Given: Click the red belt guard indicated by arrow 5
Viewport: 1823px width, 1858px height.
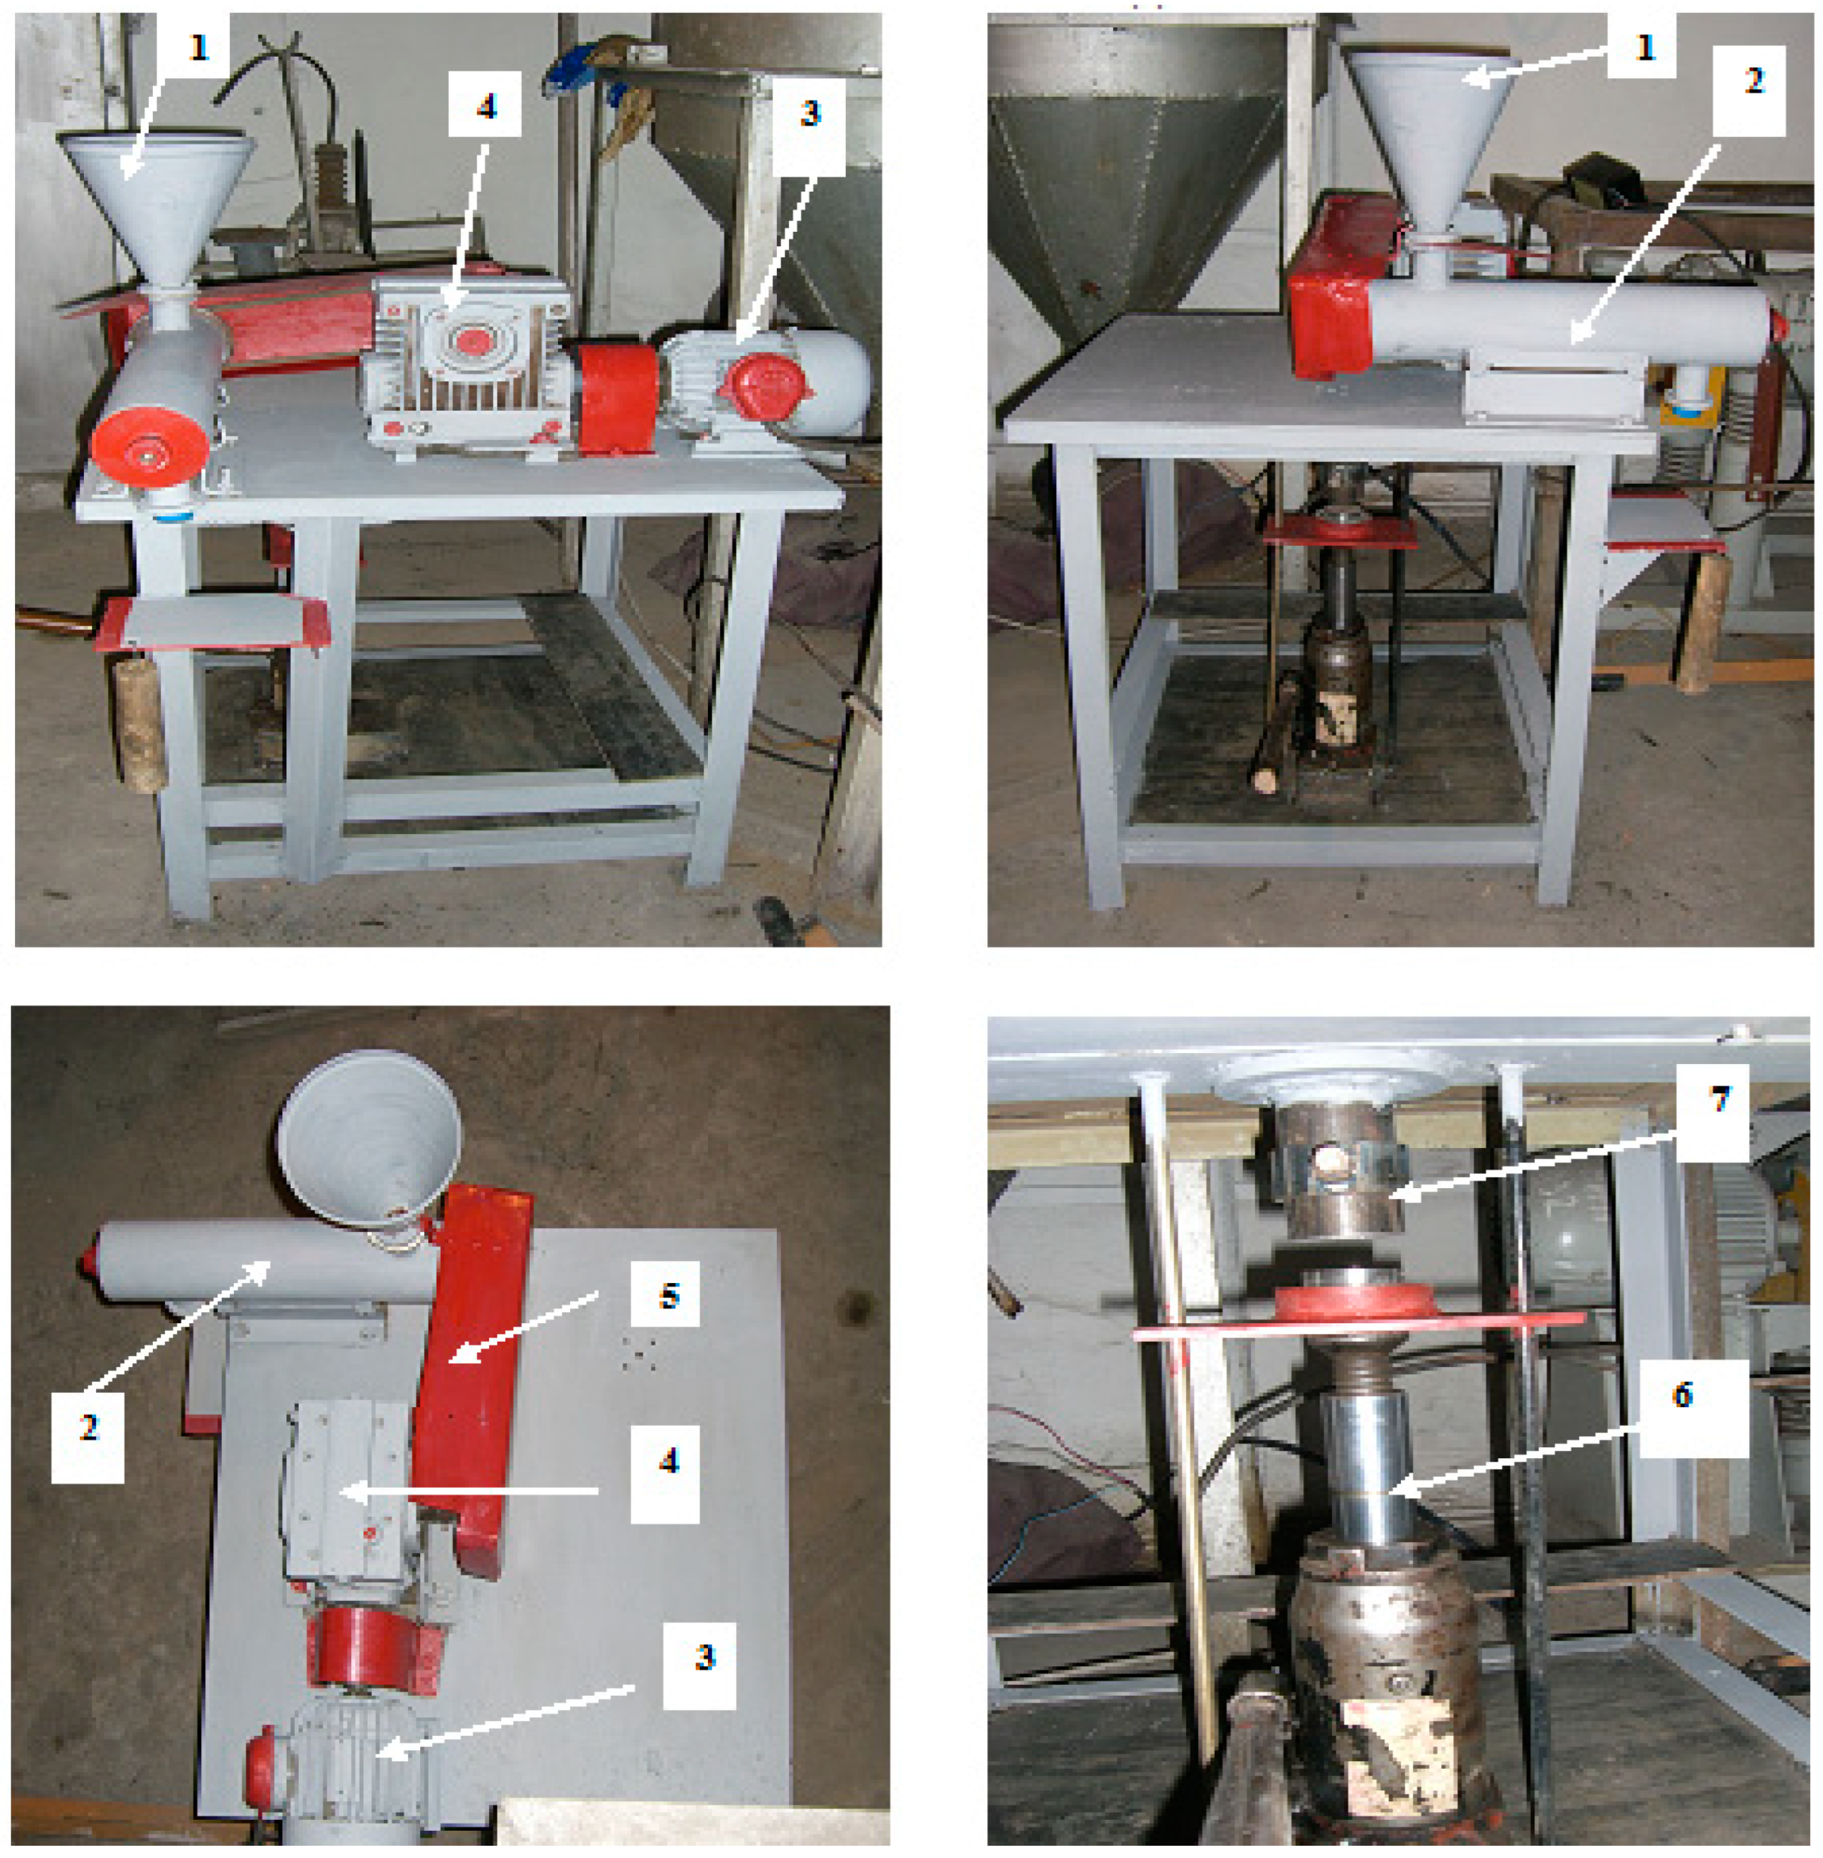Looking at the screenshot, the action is tap(471, 1376).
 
